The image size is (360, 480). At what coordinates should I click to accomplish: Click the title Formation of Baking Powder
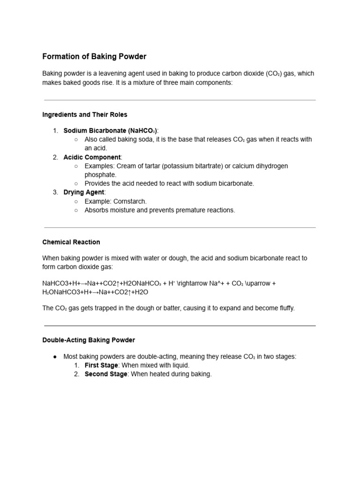[94, 57]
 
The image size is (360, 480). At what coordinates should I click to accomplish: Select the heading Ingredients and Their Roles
[84, 114]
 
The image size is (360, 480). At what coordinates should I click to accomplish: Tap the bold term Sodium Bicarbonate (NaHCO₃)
[111, 130]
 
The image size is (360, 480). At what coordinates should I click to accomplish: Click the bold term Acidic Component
[92, 157]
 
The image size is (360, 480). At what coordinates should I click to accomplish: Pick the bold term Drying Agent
[84, 192]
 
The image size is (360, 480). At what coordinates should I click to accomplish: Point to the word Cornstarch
[130, 201]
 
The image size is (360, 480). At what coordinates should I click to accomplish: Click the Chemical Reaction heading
[71, 242]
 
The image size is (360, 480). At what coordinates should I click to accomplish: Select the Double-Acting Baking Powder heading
[89, 340]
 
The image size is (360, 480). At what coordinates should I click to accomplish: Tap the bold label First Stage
[101, 365]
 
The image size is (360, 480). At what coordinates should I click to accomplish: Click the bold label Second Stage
[105, 374]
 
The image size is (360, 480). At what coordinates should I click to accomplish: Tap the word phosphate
[100, 174]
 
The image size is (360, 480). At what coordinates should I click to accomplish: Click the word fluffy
[284, 308]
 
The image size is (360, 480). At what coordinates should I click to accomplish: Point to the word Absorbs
[97, 210]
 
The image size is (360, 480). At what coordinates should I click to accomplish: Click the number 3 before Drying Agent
[55, 192]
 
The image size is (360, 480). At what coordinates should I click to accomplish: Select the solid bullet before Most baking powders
[55, 357]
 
